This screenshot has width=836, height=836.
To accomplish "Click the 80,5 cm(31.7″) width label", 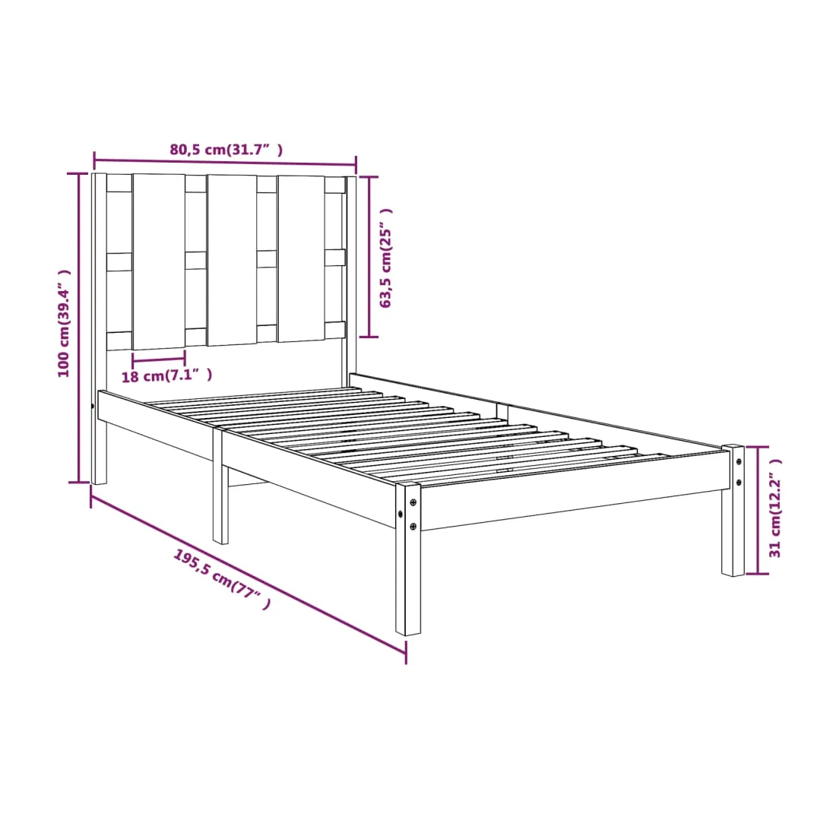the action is [226, 150].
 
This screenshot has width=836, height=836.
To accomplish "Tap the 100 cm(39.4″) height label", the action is [64, 323].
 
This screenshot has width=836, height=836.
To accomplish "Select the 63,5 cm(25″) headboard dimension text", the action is [385, 258].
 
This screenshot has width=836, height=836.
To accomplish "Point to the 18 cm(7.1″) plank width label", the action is [167, 375].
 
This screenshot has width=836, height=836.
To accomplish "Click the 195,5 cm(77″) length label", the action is [222, 579].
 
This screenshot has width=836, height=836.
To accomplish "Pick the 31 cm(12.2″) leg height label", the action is [774, 508].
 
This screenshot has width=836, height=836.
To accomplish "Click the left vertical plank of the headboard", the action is [159, 261].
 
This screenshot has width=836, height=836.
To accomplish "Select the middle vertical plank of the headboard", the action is [232, 260].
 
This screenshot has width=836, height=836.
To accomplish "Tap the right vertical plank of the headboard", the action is [301, 258].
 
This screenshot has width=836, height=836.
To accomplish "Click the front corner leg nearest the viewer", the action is [408, 559].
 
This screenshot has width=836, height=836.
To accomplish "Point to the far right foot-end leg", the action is [733, 510].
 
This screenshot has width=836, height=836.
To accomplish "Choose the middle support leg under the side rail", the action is [220, 486].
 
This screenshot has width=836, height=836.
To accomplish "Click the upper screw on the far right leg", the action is [739, 462].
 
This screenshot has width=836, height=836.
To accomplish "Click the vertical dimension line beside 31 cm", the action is [757, 510].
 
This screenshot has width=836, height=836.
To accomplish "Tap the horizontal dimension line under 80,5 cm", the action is [225, 163].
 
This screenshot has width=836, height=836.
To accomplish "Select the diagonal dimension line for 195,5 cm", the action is [249, 579].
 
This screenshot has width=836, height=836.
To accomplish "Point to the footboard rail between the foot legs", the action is [575, 491].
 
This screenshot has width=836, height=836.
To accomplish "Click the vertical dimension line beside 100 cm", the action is [79, 328].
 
